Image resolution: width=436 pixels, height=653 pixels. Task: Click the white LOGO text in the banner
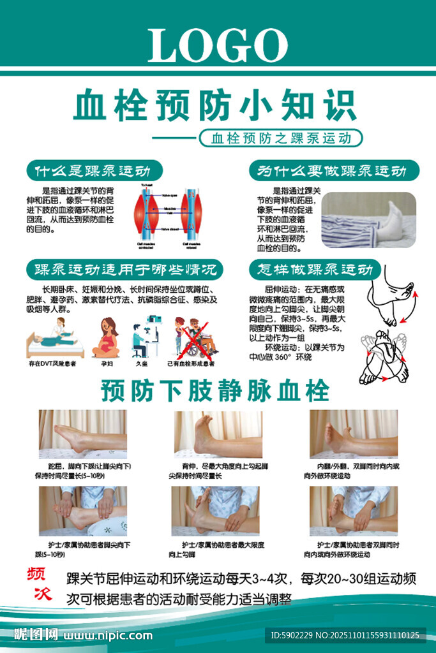point(218,46)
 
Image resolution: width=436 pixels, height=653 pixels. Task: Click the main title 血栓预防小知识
point(214,106)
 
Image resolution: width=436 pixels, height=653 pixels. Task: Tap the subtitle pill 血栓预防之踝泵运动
point(280,138)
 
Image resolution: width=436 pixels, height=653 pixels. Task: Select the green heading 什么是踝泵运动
point(93,171)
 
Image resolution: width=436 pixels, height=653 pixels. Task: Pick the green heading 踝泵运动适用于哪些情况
point(124,269)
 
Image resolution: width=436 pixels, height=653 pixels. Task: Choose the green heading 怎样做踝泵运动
point(314,269)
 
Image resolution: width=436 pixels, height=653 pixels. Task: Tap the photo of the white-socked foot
point(368,220)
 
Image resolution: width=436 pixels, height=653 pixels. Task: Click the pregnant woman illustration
point(107,338)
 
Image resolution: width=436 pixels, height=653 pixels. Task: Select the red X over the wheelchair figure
point(195,338)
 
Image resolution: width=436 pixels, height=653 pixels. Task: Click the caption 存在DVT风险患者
point(54,364)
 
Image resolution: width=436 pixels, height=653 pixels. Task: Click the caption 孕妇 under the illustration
point(107,364)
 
